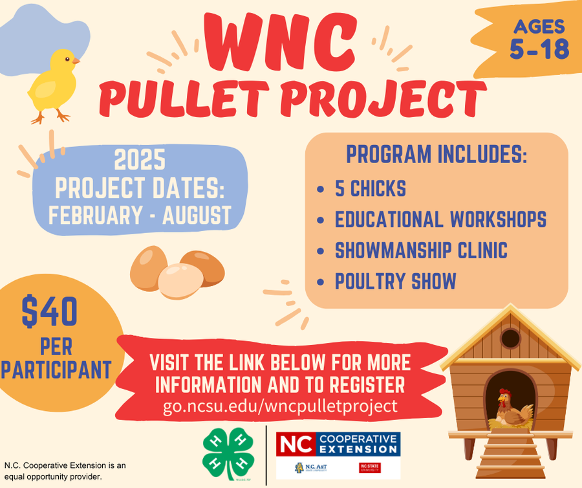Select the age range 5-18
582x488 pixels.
point(539,49)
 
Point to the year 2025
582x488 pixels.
point(140,160)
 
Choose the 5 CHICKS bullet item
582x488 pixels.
point(370,188)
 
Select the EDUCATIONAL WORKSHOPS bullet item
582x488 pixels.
point(440,219)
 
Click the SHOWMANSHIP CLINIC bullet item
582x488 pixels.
point(421,250)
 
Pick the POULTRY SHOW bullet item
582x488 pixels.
point(395,282)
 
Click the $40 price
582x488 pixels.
point(49,311)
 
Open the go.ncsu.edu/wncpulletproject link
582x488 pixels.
point(280,406)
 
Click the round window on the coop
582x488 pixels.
point(511,337)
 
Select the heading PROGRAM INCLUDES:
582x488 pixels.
point(436,155)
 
